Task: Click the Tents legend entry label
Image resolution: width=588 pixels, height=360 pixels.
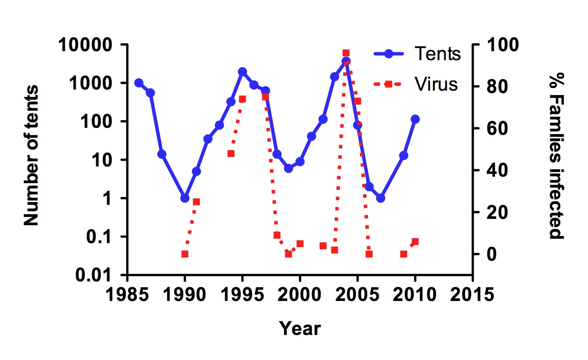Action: pos(438,54)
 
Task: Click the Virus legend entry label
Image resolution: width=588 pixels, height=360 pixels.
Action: pos(436,84)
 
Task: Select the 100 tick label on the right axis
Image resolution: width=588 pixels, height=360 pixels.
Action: pos(502,45)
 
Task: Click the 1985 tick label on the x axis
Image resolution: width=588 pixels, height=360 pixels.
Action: pos(127,294)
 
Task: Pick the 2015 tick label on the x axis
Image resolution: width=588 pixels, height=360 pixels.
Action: pos(472,294)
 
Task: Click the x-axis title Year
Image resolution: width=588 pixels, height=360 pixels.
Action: pos(300,328)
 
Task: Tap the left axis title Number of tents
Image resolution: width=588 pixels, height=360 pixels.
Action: pos(31,156)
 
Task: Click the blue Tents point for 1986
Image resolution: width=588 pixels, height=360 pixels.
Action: pos(139,83)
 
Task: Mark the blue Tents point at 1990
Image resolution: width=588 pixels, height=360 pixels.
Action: pos(185,198)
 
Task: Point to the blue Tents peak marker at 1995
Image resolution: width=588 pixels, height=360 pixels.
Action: pos(242,72)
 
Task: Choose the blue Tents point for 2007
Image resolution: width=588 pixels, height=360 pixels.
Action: pos(381,198)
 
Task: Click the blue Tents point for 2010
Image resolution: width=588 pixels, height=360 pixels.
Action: pos(415,119)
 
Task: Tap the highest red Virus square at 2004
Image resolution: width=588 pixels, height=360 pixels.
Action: pos(346,53)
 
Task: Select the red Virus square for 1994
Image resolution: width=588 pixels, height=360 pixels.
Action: pos(231,154)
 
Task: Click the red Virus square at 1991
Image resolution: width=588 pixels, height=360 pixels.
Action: pos(197,202)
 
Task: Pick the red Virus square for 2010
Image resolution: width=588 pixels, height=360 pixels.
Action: pos(415,242)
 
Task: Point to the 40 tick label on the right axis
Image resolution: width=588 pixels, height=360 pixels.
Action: pos(497,170)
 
